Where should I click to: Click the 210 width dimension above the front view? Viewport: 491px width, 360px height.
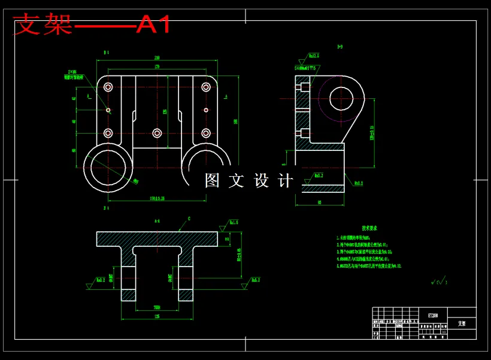pos(157,58)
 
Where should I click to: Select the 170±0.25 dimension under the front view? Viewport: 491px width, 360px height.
pos(157,198)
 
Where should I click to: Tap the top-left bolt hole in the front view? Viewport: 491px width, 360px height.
pos(108,87)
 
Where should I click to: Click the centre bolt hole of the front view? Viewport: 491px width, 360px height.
pos(157,133)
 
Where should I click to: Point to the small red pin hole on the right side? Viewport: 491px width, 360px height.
pos(205,110)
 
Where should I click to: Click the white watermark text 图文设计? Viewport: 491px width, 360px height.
pos(249,180)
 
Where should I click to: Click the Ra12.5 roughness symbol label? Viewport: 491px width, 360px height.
pos(314,56)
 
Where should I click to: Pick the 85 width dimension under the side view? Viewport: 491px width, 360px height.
pos(320,202)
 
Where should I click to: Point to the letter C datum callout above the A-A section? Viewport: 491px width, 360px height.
pos(189,219)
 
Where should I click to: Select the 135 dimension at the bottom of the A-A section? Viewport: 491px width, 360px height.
pos(157,316)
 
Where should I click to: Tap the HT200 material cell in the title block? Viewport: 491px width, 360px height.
pos(433,314)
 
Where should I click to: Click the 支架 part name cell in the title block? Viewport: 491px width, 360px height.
pos(462,323)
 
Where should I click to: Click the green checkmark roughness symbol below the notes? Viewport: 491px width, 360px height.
pos(438,280)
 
